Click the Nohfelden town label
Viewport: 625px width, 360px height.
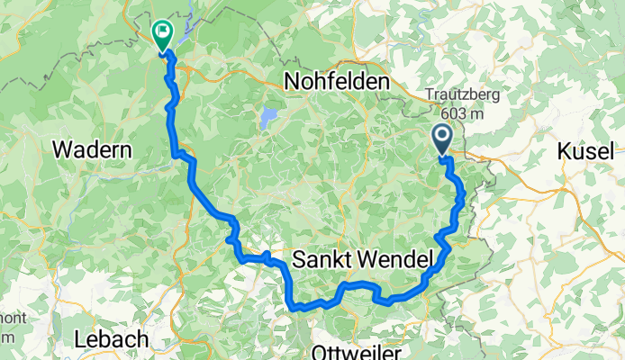(x=337, y=82)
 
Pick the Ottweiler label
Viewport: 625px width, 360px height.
(x=353, y=350)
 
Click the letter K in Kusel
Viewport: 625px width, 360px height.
(x=565, y=150)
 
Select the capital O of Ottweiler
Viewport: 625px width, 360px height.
(x=318, y=350)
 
